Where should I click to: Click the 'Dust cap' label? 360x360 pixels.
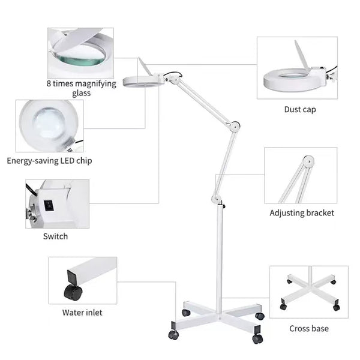[x=300, y=110]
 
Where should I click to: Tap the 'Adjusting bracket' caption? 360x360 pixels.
[x=302, y=213]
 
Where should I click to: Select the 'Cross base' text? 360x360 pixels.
[x=309, y=329]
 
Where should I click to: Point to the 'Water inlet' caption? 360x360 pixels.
[x=82, y=313]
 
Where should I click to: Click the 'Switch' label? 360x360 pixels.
[x=55, y=236]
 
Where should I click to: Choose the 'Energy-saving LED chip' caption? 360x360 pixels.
[x=49, y=161]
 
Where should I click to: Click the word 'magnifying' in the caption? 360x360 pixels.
[x=95, y=84]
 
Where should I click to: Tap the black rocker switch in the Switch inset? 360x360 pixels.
[x=49, y=205]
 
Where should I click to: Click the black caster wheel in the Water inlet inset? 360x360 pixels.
[x=73, y=292]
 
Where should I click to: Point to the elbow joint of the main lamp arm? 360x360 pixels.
[x=235, y=126]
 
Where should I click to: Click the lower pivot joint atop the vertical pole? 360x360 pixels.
[x=215, y=199]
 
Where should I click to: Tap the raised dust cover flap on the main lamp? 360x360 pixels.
[x=145, y=66]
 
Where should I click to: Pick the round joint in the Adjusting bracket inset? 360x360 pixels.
[x=308, y=161]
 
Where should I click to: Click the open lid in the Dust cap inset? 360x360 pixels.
[x=301, y=55]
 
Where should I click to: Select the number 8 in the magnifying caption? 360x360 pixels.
[x=49, y=83]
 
